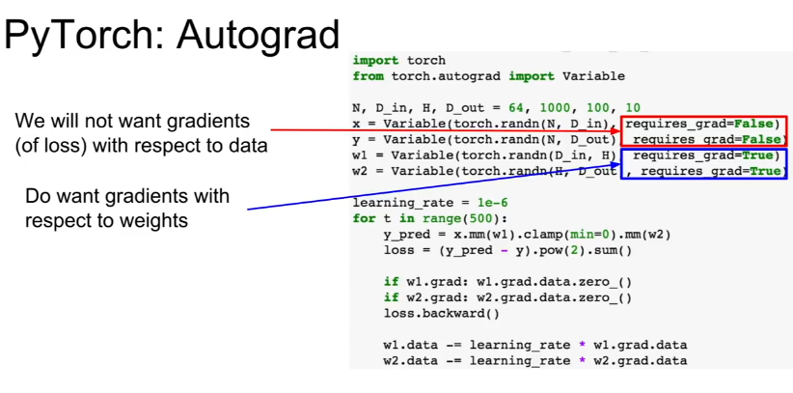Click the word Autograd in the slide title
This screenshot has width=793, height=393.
(x=258, y=36)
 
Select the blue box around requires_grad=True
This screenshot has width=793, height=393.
(x=703, y=163)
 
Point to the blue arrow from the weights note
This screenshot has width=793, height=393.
(x=434, y=185)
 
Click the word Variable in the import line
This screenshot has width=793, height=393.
(x=593, y=76)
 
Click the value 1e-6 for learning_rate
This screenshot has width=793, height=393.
(x=492, y=203)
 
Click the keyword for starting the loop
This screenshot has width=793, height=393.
(x=364, y=219)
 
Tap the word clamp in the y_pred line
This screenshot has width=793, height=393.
(x=545, y=235)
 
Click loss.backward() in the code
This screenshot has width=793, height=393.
(x=442, y=314)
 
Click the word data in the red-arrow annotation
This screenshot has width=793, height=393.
(x=248, y=146)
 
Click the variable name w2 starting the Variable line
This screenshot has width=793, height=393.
(x=361, y=171)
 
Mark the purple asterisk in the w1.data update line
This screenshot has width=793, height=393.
(x=582, y=346)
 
